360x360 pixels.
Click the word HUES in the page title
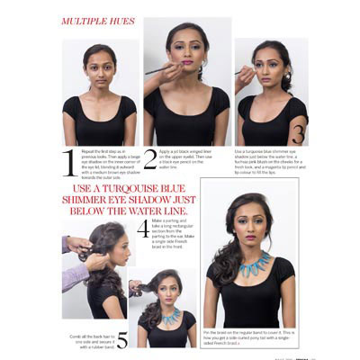click(x=121, y=20)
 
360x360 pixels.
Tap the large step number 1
click(x=67, y=162)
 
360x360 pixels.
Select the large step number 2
click(x=149, y=159)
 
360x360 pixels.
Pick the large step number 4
click(x=142, y=229)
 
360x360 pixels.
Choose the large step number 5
click(x=121, y=340)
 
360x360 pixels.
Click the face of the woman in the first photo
click(x=99, y=67)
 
